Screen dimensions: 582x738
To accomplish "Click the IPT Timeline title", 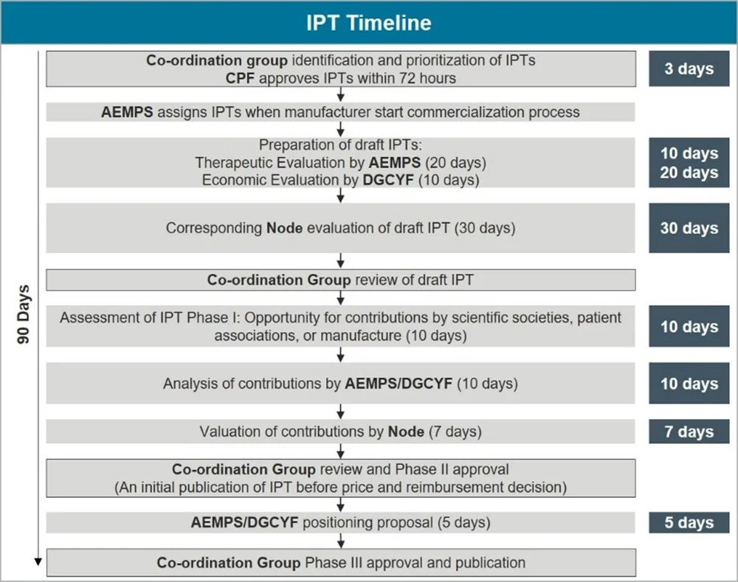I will [x=369, y=22].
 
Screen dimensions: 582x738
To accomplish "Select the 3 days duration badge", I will [x=689, y=69].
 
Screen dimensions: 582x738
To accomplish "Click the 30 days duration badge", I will [x=689, y=228].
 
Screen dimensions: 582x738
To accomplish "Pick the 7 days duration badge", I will [x=689, y=432].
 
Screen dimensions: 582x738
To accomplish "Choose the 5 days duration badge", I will [x=689, y=522].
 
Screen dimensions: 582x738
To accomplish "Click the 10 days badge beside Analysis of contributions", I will [x=689, y=384].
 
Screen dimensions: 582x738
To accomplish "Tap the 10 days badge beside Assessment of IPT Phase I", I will [x=689, y=326].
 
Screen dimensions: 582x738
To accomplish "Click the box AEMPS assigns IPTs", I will [x=340, y=112].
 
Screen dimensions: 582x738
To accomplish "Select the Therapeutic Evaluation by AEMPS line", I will [x=340, y=162].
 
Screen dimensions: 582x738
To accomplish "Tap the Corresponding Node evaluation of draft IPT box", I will [x=340, y=228].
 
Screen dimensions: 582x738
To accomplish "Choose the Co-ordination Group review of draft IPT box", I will [x=340, y=280].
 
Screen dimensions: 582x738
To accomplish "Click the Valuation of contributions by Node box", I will [x=340, y=432].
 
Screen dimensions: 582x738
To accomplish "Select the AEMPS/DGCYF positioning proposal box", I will [x=340, y=522].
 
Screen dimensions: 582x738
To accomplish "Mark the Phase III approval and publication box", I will [x=340, y=563].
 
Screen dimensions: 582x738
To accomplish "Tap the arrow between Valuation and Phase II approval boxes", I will [x=340, y=451].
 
